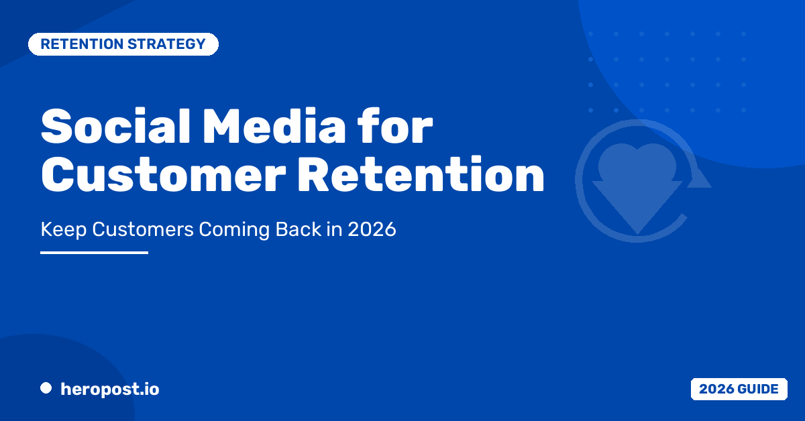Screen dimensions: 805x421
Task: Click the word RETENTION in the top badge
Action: click(82, 44)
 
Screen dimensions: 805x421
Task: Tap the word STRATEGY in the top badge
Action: click(166, 44)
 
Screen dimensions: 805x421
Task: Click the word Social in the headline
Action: click(115, 126)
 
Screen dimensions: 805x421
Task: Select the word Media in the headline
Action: click(274, 126)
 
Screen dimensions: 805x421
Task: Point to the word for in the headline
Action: click(395, 126)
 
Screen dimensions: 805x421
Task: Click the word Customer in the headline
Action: click(164, 175)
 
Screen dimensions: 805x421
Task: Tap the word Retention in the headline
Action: click(421, 175)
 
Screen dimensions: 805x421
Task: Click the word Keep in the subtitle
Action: click(64, 230)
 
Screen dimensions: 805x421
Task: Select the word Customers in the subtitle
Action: click(143, 229)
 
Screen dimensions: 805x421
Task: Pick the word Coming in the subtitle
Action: click(234, 230)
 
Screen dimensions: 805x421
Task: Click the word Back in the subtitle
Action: click(299, 229)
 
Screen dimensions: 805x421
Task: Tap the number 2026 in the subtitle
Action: click(372, 229)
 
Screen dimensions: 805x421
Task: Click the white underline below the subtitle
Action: click(94, 253)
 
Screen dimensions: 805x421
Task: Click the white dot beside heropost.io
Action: click(46, 388)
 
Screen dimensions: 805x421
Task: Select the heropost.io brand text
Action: click(110, 389)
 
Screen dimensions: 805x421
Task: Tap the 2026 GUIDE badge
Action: click(739, 389)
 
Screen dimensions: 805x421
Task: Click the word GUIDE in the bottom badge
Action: click(758, 389)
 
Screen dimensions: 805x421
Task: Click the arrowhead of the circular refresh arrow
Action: click(698, 177)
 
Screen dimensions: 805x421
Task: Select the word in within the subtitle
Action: click(334, 229)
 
